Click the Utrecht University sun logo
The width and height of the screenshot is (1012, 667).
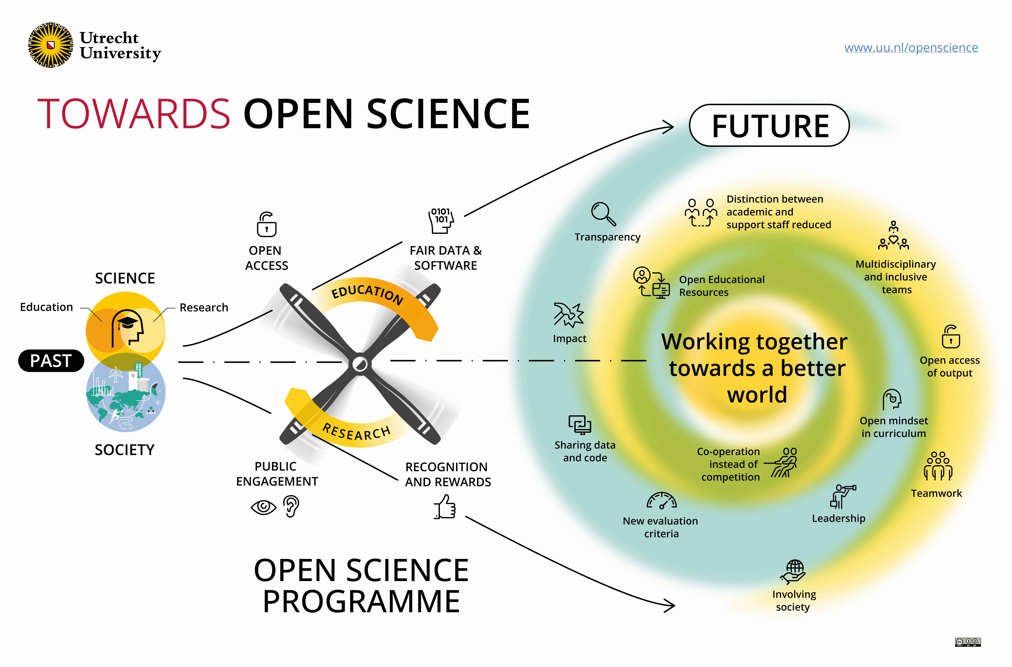pos(51,45)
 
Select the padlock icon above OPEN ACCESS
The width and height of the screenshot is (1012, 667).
pos(266,225)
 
